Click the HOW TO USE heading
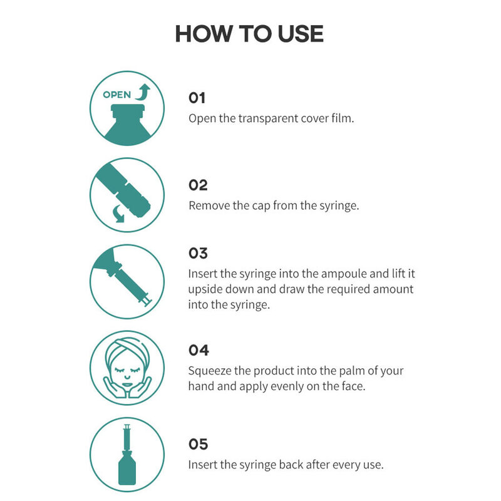coord(249,34)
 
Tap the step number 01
coord(197,98)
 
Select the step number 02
coord(198,185)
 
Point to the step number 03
coord(198,253)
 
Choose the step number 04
coord(199,350)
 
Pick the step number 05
coord(198,444)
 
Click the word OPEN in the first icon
coord(117,95)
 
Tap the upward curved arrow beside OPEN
coord(143,92)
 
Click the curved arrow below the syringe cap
coord(119,214)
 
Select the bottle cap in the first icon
coord(128,111)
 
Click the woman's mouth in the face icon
coord(127,385)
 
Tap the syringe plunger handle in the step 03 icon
coord(148,301)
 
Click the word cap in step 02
coord(261,206)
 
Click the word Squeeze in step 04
coord(209,371)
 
